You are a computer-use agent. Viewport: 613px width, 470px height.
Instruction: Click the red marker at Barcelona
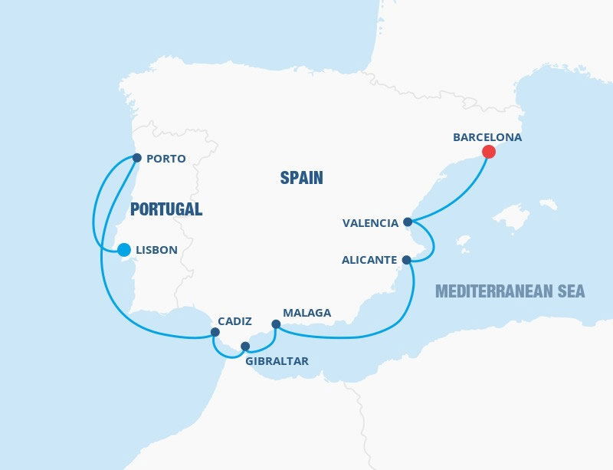(x=488, y=152)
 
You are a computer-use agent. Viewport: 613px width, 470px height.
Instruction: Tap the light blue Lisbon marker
(x=123, y=249)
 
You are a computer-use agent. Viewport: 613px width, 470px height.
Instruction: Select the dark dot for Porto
(x=136, y=158)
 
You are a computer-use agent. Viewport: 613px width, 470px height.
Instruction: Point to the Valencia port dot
(x=408, y=222)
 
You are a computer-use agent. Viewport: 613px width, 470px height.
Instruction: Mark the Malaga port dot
(x=276, y=325)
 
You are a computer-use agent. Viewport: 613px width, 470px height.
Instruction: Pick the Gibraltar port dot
(x=245, y=346)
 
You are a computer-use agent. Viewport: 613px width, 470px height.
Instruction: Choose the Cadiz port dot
(x=215, y=332)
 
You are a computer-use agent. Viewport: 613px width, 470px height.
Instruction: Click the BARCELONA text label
(x=487, y=137)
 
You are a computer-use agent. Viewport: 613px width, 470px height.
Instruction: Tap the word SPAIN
(x=301, y=178)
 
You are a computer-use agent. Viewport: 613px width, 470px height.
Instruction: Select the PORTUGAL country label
(x=166, y=209)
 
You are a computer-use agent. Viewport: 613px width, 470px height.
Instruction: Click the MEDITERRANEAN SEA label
(x=510, y=291)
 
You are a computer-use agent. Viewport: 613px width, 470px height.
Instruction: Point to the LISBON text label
(x=156, y=250)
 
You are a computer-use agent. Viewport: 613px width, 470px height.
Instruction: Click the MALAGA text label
(x=306, y=313)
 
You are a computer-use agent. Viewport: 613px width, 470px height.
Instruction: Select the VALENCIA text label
(x=371, y=223)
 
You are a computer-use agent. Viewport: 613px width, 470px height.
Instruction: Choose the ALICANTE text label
(x=369, y=261)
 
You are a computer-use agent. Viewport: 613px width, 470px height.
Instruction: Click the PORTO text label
(x=165, y=159)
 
